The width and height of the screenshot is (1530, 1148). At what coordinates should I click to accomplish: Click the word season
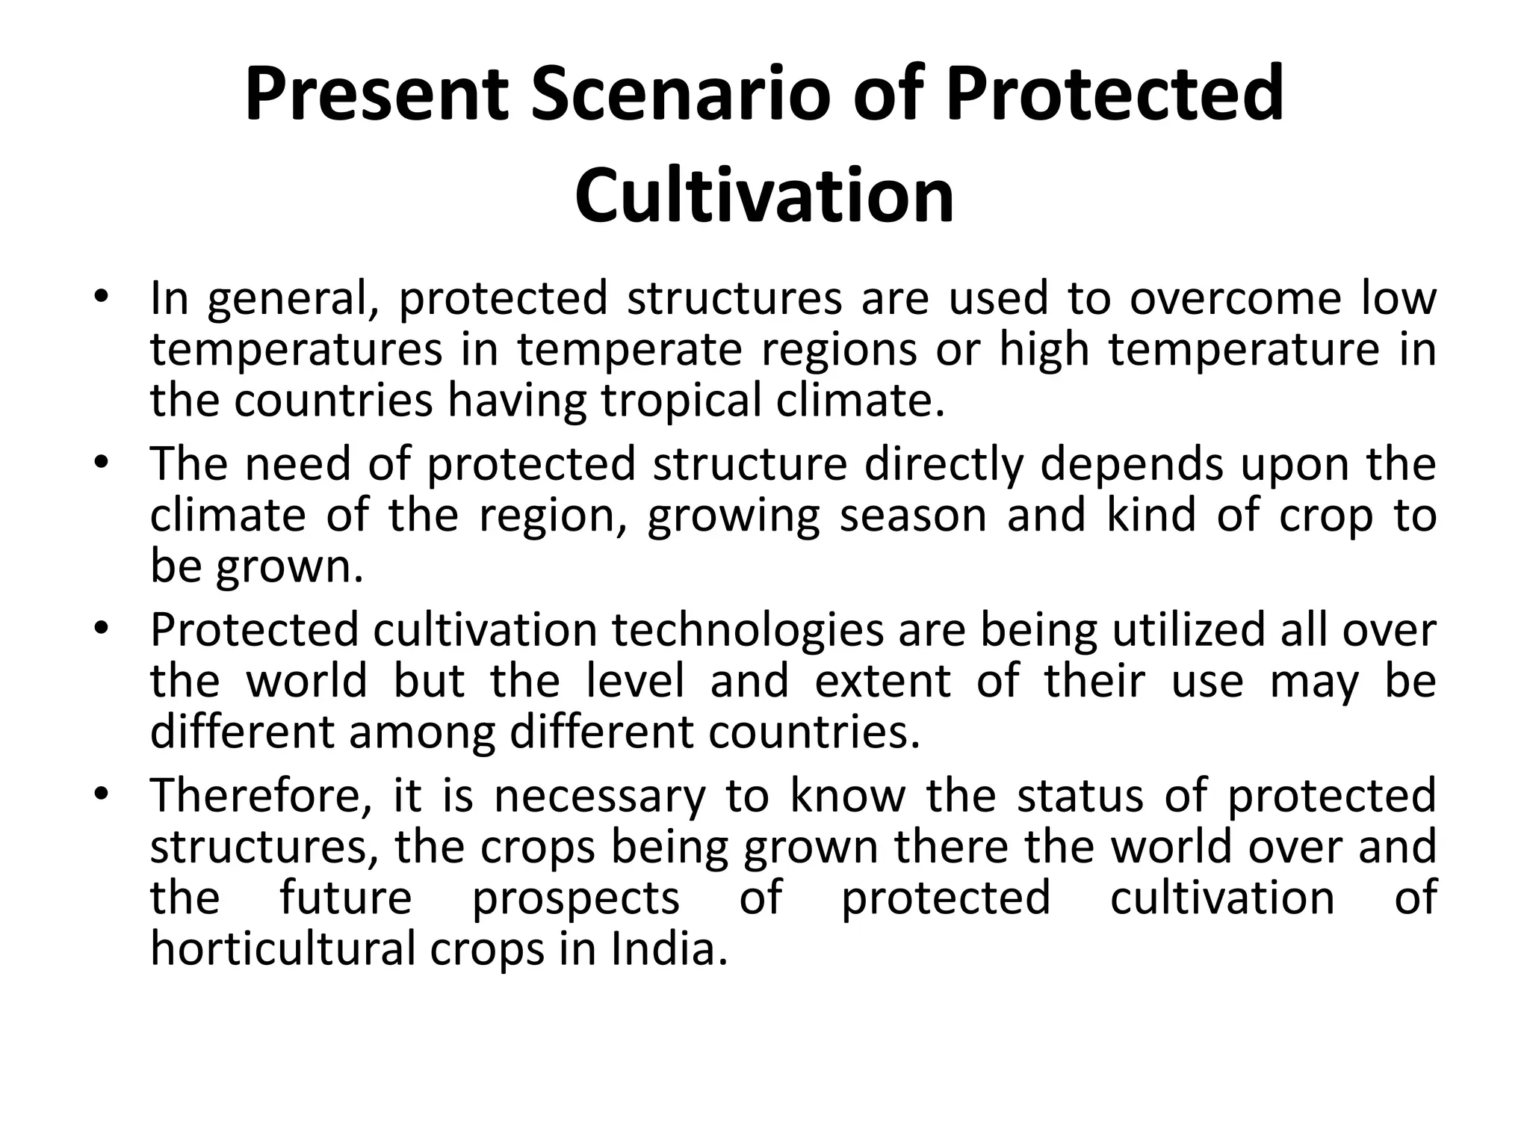913,515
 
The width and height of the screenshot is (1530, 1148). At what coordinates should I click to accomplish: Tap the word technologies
748,630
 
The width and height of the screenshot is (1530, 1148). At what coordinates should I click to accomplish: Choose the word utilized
1187,630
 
